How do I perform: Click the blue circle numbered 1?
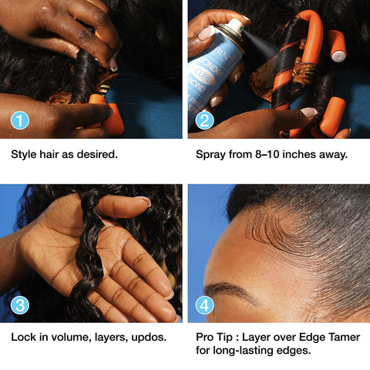[x=20, y=120]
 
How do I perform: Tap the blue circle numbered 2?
[x=204, y=120]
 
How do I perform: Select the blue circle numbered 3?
[x=20, y=305]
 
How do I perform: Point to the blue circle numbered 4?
[x=204, y=305]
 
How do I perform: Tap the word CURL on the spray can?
[x=205, y=76]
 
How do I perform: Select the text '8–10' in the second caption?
[x=267, y=154]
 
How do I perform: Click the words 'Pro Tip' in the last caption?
[x=214, y=338]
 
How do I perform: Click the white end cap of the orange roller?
[x=338, y=56]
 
